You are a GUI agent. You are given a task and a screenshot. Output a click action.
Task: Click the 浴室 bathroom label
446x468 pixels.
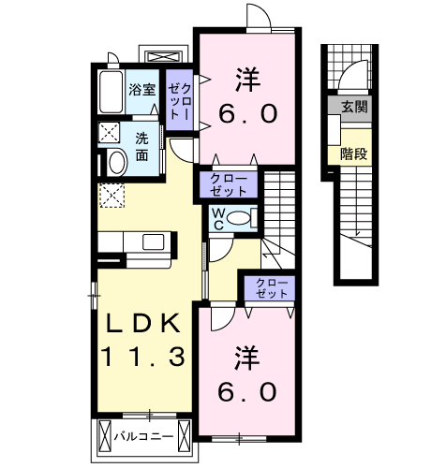(x=142, y=90)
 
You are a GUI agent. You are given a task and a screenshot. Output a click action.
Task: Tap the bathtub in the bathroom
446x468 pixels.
(x=111, y=92)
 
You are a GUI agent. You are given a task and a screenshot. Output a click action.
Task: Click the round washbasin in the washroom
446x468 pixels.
(x=117, y=163)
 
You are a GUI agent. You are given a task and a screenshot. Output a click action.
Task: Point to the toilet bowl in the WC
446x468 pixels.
(x=239, y=217)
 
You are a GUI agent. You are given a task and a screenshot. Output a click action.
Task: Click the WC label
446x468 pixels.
(x=218, y=219)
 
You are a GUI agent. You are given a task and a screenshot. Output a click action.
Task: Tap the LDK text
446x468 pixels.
(x=143, y=324)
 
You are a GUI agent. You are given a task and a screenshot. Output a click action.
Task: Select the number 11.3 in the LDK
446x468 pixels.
(x=142, y=357)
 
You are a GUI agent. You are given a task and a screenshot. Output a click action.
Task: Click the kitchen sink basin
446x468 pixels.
(x=153, y=242)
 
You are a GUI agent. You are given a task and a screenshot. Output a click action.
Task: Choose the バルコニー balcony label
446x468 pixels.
(x=143, y=436)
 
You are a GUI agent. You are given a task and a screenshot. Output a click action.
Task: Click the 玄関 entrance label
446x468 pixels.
(x=354, y=108)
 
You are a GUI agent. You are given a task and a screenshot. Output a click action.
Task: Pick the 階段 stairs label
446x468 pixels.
(x=353, y=154)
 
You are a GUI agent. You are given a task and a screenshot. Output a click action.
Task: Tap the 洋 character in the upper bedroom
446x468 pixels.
(x=248, y=80)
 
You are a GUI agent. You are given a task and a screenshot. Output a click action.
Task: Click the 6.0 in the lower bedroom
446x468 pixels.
(x=247, y=392)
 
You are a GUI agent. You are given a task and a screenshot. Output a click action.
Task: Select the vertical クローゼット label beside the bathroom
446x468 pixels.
(x=179, y=101)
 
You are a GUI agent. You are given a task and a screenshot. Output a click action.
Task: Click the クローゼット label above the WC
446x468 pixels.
(x=229, y=184)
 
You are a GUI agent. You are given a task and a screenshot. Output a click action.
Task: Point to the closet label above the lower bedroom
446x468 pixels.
(x=272, y=288)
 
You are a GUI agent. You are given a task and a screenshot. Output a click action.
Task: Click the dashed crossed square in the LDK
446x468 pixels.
(x=111, y=196)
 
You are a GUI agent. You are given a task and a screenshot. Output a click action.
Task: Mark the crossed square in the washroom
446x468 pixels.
(x=109, y=133)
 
